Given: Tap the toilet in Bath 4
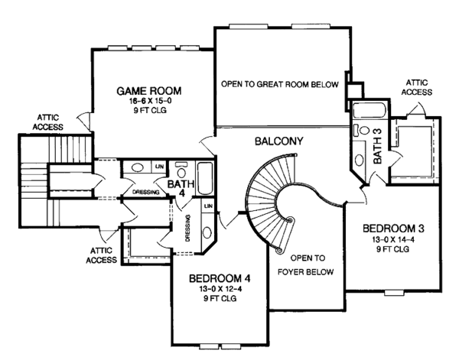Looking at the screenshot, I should click(x=183, y=166).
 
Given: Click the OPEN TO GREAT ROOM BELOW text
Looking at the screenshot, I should click(x=279, y=84).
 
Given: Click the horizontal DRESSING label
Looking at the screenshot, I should click(x=145, y=193).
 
